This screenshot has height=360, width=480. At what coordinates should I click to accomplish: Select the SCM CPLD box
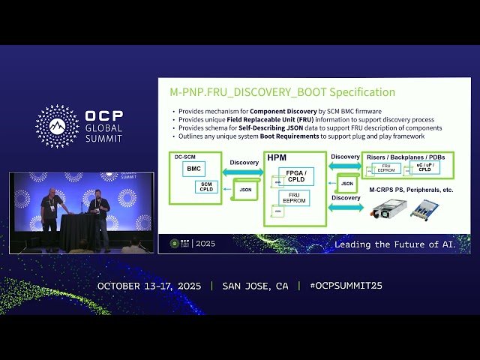(x=206, y=188)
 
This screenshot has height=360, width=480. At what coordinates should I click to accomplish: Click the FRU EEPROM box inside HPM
(x=295, y=198)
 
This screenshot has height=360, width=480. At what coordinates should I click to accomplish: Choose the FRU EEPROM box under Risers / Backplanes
(x=386, y=169)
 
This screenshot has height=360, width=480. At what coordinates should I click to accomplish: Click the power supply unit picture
(x=388, y=210)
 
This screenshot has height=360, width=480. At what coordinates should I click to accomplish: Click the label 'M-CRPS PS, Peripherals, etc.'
(x=410, y=190)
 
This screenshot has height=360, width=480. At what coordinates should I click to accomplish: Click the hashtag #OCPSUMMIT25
(x=340, y=286)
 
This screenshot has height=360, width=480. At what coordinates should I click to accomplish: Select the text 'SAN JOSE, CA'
(x=255, y=286)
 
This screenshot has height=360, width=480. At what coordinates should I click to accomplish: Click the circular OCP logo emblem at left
(x=57, y=126)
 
